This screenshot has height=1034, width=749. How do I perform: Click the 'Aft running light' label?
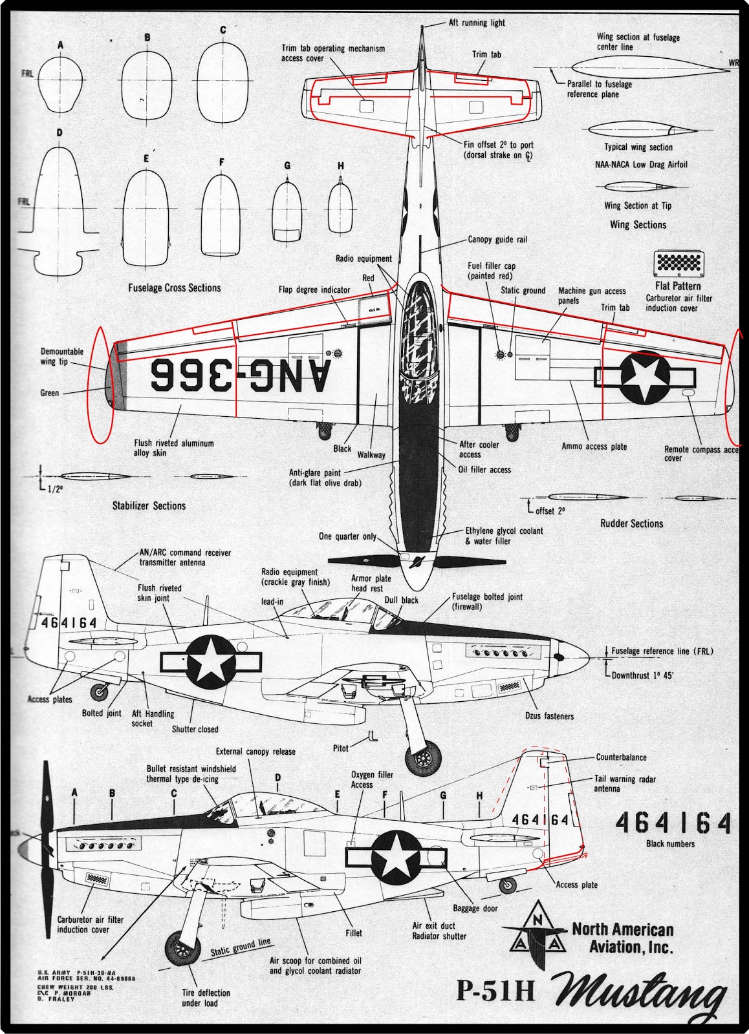(477, 23)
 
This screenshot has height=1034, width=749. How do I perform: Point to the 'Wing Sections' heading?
(638, 225)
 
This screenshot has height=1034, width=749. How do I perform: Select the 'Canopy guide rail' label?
(497, 240)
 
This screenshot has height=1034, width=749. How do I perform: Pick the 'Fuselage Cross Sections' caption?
(174, 288)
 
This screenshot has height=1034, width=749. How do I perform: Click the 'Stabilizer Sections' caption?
(149, 506)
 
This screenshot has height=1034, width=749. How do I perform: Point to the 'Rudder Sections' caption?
(631, 523)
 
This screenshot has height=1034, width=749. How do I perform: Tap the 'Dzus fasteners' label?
(549, 716)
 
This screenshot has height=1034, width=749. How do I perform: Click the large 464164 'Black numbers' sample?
(673, 823)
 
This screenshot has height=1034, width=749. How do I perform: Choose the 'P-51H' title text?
(495, 991)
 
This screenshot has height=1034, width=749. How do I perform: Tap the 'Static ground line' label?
(240, 947)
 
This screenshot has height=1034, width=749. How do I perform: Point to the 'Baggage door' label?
(475, 909)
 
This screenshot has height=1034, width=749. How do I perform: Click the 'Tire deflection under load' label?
(206, 998)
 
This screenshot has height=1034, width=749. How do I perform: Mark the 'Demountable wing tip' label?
(62, 357)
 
